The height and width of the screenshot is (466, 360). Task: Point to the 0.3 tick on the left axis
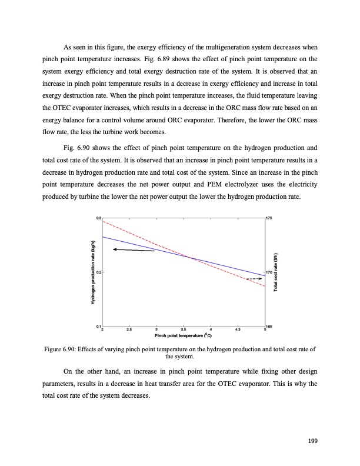tap(98, 219)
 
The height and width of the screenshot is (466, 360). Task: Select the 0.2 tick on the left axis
tap(98, 272)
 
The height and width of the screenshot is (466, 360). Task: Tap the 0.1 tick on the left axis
tap(98, 326)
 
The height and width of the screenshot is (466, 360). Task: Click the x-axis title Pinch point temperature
tap(183, 336)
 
